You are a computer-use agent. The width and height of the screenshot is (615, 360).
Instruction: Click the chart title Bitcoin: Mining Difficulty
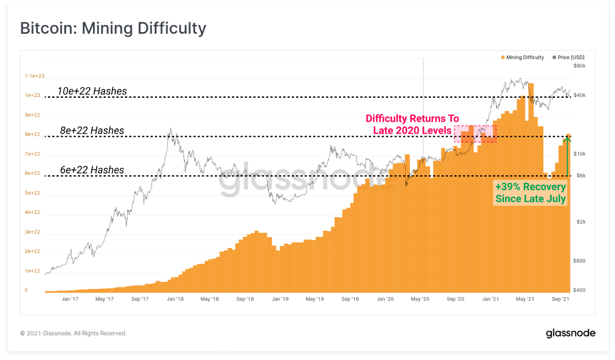pos(113,28)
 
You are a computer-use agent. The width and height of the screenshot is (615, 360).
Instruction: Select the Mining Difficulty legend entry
pos(522,57)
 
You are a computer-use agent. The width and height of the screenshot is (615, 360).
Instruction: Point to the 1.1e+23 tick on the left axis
pos(35,76)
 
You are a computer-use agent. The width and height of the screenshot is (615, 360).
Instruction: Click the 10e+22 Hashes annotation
pos(92,91)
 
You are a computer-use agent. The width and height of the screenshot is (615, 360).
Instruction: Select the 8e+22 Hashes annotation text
pos(92,130)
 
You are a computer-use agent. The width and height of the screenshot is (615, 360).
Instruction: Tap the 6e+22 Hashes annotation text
pos(92,170)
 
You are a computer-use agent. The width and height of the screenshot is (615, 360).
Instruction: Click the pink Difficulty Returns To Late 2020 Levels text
pos(412,124)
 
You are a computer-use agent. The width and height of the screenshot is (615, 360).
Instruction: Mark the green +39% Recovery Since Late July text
pos(531,193)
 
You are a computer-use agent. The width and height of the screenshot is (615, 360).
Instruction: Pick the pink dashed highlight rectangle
pos(475,134)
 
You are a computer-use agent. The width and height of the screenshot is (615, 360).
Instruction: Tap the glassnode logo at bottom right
pos(571,333)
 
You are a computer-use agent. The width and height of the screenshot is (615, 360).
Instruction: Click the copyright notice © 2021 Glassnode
pos(74,333)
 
